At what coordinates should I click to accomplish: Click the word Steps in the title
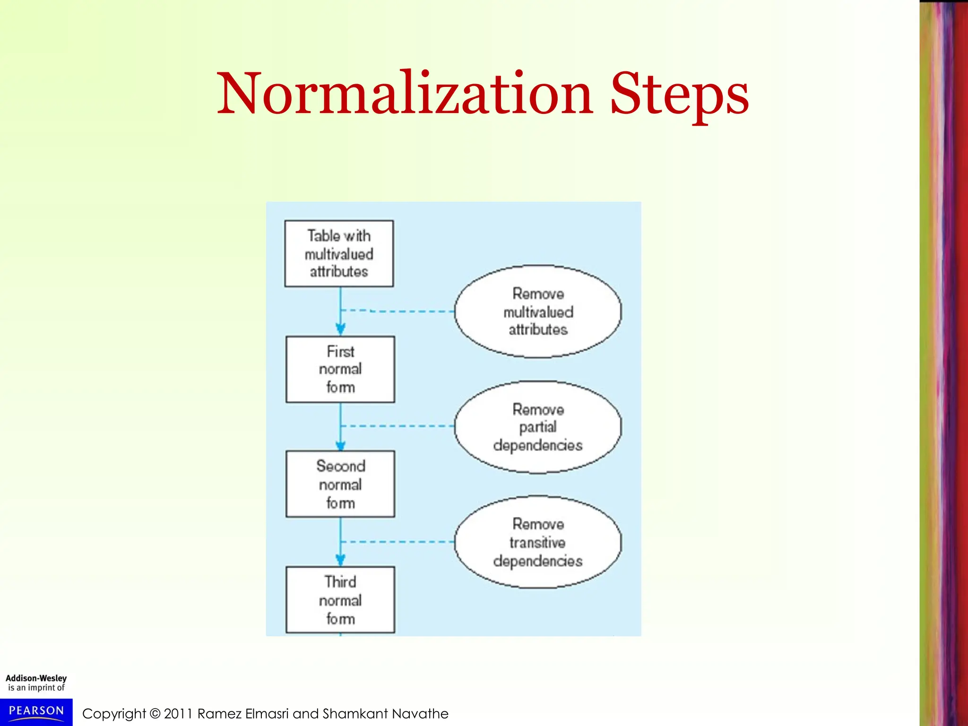(679, 95)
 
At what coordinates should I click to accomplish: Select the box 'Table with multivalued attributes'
(339, 254)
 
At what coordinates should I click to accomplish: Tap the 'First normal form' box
(340, 370)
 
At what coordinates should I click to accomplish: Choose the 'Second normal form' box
(340, 484)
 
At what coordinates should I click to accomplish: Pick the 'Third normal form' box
(340, 600)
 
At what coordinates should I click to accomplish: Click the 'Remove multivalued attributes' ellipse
(538, 311)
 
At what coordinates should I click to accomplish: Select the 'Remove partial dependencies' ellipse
(538, 427)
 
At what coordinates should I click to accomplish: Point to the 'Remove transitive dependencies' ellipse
(538, 542)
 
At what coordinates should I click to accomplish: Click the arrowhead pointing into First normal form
(340, 328)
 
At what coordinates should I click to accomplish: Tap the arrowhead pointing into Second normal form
(340, 445)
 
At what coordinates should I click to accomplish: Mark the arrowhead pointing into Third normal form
(340, 560)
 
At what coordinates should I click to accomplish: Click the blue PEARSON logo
(36, 712)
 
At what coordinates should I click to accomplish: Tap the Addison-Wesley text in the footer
(36, 678)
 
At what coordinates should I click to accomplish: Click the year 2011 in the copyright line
(178, 714)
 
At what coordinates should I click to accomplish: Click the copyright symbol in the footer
(155, 714)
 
